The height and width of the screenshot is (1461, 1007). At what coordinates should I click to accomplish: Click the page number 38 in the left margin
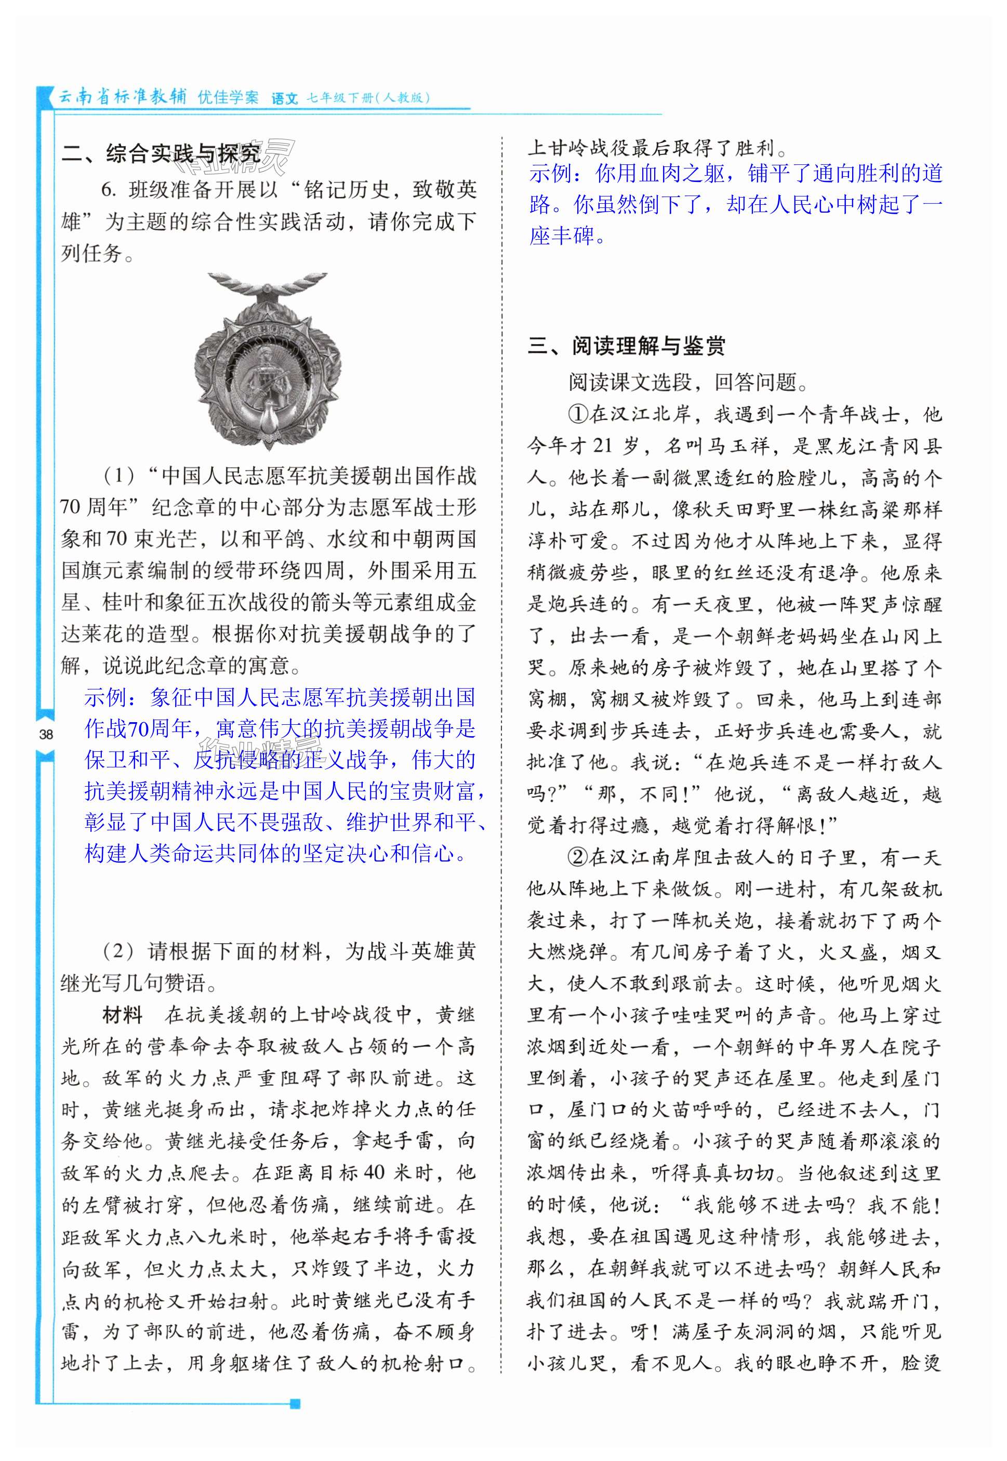pos(45,734)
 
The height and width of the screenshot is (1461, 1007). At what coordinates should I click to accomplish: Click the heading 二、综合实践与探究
pos(161,153)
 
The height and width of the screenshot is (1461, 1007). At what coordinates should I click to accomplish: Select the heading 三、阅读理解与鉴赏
pos(627,346)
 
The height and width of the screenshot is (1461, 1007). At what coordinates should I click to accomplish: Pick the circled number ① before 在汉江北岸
pos(579,415)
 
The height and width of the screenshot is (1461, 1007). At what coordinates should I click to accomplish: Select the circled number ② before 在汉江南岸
pos(579,857)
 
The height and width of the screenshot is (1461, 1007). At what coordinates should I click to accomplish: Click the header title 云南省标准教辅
pos(123,97)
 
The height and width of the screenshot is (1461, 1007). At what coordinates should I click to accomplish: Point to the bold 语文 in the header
pos(284,98)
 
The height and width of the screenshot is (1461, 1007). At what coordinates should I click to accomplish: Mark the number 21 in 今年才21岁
pos(603,447)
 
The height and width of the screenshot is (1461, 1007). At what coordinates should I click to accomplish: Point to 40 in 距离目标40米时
pos(375,1172)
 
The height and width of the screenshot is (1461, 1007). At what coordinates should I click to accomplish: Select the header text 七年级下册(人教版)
pos(368,98)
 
